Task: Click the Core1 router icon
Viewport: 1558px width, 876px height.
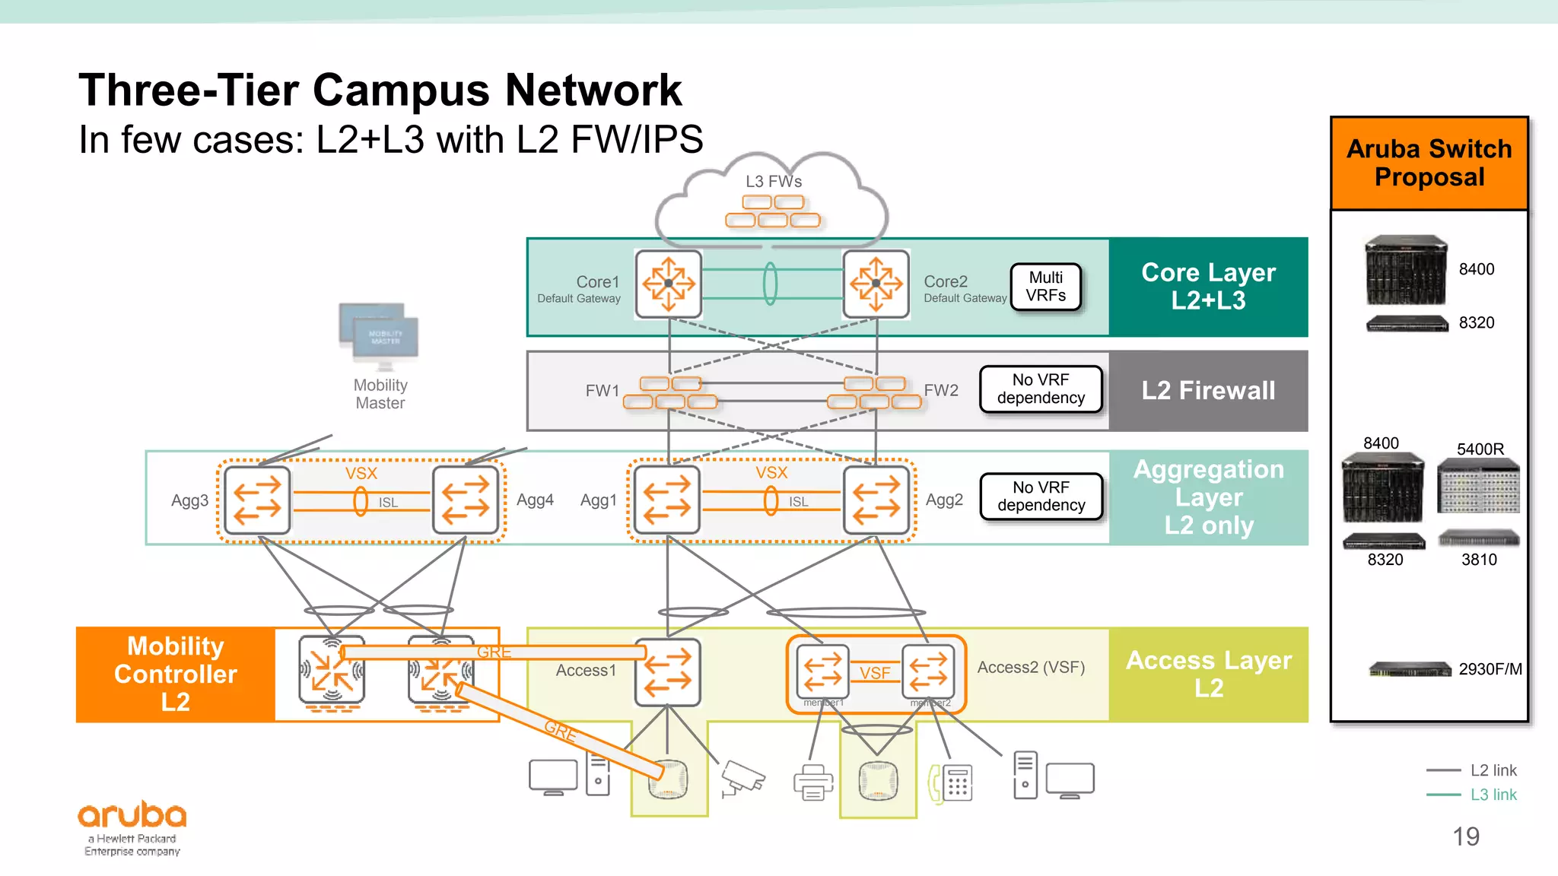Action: point(668,284)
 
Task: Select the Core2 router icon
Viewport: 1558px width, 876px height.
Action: point(876,284)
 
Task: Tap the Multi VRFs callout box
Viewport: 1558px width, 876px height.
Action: point(1045,287)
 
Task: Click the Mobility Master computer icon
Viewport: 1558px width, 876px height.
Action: point(379,335)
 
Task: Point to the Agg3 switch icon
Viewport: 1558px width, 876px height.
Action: point(257,500)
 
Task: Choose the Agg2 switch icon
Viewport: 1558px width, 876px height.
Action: point(876,500)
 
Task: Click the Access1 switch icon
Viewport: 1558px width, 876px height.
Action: point(668,671)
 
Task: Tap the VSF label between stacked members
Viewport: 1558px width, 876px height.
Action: point(875,673)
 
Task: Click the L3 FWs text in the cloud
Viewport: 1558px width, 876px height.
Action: point(773,182)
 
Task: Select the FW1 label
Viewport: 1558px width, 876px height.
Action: point(602,391)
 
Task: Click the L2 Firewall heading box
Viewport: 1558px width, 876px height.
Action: point(1208,391)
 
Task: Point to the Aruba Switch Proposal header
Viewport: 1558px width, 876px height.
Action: point(1429,163)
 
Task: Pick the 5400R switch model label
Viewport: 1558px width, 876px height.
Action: point(1480,449)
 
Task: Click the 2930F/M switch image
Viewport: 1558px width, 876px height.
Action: point(1410,670)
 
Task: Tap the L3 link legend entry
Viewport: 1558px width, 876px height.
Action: point(1493,795)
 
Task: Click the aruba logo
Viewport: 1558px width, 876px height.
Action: point(132,816)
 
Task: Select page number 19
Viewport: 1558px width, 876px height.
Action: point(1465,836)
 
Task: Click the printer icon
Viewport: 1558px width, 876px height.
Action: point(812,782)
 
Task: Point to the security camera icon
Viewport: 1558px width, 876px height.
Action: point(741,779)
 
